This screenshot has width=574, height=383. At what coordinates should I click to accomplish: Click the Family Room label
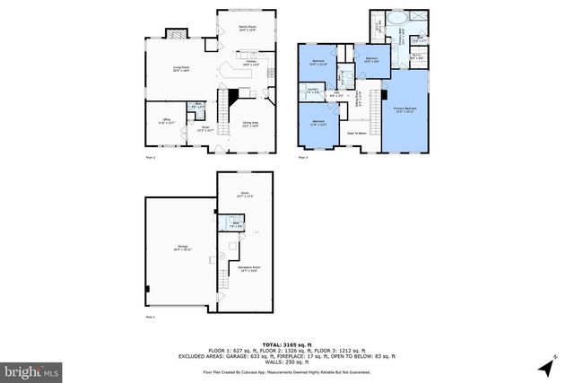[x=247, y=29]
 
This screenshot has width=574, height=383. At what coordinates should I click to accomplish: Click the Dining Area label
[x=252, y=124]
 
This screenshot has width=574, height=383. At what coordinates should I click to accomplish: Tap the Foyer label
[x=204, y=129]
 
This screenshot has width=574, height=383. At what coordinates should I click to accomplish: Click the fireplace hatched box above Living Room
[x=179, y=36]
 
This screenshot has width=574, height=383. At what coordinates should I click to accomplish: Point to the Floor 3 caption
[x=303, y=158]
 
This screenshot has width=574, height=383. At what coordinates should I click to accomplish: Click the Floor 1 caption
[x=151, y=317]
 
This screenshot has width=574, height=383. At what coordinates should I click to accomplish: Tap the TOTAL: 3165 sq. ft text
[x=287, y=344]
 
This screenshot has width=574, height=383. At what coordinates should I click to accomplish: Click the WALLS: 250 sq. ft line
[x=287, y=361]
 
